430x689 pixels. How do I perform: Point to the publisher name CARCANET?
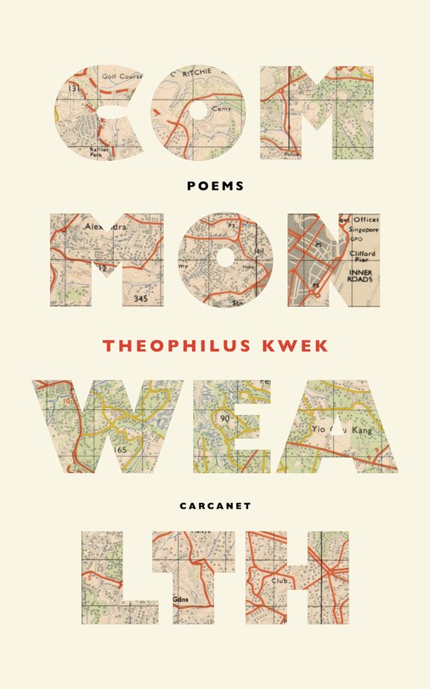coord(215,504)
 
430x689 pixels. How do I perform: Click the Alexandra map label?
coord(105,228)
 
